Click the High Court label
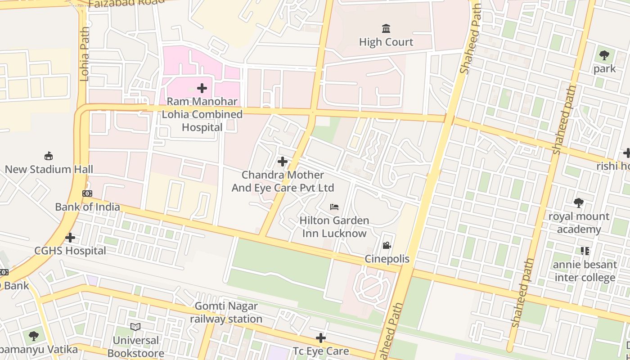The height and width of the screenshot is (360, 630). click(386, 42)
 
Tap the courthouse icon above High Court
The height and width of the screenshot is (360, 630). click(386, 29)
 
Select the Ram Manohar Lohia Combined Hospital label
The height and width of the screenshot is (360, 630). click(202, 114)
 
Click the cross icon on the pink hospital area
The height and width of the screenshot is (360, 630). click(202, 88)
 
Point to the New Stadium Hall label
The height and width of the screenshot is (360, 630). click(49, 169)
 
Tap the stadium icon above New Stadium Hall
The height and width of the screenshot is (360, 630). click(49, 156)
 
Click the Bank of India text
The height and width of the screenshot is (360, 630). click(87, 207)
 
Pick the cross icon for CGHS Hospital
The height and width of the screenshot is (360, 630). click(70, 237)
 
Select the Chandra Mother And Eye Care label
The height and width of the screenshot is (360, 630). click(283, 181)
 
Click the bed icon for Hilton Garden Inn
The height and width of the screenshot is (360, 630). click(334, 207)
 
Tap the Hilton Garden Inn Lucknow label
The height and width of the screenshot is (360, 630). click(334, 227)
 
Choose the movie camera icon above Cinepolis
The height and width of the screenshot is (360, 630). click(387, 246)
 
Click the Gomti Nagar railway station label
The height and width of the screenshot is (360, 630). click(226, 312)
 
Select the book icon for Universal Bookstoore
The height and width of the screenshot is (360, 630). click(135, 327)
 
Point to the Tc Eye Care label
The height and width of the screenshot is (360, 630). click(320, 351)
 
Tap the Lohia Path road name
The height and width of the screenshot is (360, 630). click(85, 54)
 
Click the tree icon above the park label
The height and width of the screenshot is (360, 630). click(604, 56)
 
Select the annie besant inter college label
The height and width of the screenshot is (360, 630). click(585, 271)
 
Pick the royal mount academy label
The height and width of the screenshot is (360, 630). click(579, 223)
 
